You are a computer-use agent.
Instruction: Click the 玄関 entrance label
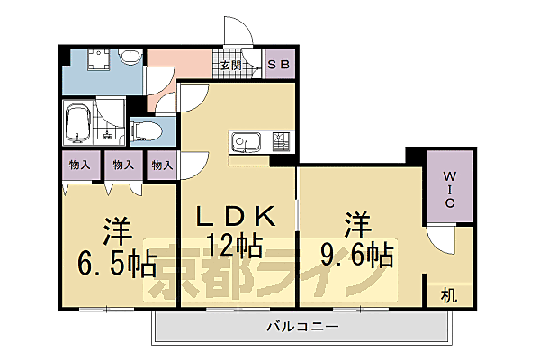pos(229,66)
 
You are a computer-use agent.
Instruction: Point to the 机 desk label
pos(447,294)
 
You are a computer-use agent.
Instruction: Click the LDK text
pos(236,217)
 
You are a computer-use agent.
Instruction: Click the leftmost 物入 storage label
pos(79,166)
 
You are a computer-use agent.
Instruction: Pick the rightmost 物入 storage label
pos(162,166)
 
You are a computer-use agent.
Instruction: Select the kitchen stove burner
pos(282,142)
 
